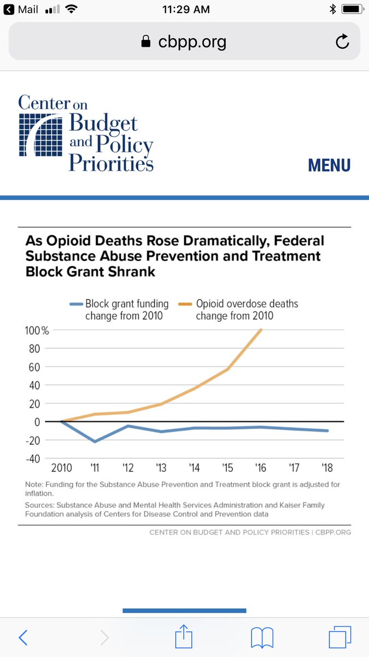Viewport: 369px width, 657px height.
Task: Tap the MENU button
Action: [x=329, y=165]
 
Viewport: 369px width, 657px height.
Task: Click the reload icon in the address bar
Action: [x=342, y=42]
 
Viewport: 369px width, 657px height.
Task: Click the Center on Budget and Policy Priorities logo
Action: [x=85, y=133]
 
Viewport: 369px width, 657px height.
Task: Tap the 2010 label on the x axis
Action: [x=61, y=469]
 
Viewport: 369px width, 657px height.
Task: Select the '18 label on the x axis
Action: [x=327, y=469]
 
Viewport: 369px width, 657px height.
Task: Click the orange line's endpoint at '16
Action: [x=261, y=330]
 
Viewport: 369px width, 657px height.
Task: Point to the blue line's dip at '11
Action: [x=95, y=441]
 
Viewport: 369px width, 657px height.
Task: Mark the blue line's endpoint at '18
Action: [x=327, y=431]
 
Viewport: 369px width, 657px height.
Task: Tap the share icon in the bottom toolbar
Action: [x=184, y=637]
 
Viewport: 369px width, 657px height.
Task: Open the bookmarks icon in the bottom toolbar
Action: [x=262, y=637]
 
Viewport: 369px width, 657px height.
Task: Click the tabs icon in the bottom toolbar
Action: [x=339, y=637]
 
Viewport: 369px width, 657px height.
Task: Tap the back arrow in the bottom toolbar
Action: [x=23, y=637]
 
